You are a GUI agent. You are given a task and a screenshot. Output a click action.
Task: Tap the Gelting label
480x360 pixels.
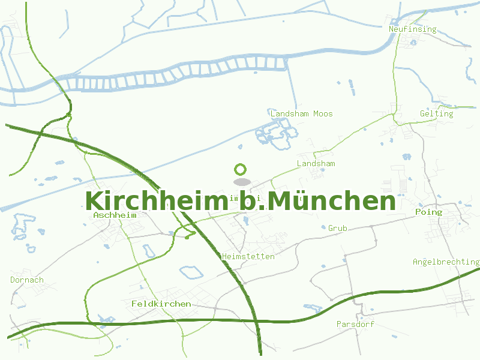tap(437, 113)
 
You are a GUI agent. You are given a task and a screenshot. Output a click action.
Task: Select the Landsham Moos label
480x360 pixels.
tap(301, 113)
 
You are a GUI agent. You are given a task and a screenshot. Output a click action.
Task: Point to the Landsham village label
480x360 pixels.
tap(316, 163)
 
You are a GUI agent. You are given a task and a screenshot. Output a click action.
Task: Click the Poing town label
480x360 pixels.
tap(428, 212)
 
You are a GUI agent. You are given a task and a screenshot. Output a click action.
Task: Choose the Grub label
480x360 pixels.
tap(337, 228)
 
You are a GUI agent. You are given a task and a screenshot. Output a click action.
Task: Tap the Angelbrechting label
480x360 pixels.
tap(446, 262)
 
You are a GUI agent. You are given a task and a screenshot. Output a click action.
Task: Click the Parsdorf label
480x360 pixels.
tap(355, 324)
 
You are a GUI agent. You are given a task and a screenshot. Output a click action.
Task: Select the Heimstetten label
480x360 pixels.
tap(248, 256)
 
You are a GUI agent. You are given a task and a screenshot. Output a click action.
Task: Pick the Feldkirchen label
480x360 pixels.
tap(161, 304)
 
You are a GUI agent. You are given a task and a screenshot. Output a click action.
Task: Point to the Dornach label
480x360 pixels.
tap(27, 280)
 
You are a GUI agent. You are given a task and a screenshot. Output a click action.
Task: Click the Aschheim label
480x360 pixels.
tap(115, 215)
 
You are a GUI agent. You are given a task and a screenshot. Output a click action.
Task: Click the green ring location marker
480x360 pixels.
tap(241, 170)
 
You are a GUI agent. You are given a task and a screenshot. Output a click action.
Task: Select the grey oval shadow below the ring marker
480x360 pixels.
tap(241, 182)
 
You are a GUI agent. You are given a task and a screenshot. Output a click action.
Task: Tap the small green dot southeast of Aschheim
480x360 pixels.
tap(187, 237)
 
